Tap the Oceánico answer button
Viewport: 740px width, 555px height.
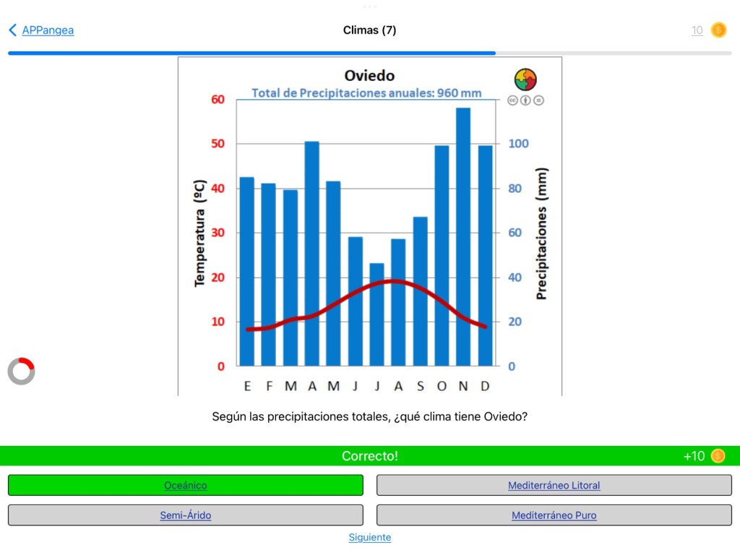(185, 486)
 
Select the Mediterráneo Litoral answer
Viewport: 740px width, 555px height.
(554, 486)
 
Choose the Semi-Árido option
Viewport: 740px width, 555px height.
(185, 515)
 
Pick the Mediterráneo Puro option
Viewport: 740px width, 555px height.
(554, 515)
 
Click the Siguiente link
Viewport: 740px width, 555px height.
(369, 537)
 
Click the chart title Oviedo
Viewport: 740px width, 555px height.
(369, 76)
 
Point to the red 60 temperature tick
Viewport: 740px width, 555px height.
(218, 99)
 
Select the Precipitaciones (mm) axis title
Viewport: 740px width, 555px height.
(541, 233)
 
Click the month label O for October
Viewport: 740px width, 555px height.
(442, 386)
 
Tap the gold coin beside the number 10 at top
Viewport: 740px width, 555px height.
(718, 30)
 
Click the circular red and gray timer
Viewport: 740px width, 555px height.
(21, 371)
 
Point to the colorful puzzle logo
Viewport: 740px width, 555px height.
(525, 79)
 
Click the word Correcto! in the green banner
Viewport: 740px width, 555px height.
(369, 456)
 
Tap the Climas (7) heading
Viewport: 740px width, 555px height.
(369, 30)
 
